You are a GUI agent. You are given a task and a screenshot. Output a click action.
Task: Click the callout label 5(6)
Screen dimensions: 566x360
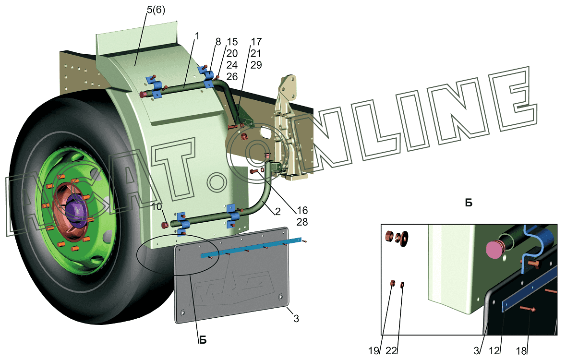point(156,10)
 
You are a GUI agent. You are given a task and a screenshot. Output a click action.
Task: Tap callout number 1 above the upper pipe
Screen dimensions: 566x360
point(197,36)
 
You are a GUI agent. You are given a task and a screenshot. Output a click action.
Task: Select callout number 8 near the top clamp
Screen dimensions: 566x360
point(218,42)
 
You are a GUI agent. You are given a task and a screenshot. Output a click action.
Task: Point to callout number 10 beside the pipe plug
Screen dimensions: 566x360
point(157,207)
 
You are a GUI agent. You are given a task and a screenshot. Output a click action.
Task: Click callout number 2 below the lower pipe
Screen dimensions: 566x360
point(277,211)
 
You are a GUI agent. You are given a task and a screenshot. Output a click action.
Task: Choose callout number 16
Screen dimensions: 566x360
point(302,210)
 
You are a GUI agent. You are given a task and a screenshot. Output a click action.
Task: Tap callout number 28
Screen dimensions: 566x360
point(302,222)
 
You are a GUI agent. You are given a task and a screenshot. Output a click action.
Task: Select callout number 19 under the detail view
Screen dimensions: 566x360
point(374,350)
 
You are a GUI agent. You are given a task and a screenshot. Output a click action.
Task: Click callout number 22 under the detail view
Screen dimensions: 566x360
point(391,350)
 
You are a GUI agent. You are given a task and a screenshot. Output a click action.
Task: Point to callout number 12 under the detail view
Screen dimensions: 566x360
point(494,350)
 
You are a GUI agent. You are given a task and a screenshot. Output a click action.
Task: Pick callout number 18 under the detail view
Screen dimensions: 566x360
point(521,350)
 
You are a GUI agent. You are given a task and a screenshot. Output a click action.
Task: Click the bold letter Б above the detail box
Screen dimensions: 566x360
point(469,203)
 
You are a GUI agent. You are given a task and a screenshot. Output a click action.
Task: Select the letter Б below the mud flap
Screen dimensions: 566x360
point(203,340)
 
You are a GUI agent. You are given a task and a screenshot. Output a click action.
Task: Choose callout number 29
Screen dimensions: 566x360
point(256,65)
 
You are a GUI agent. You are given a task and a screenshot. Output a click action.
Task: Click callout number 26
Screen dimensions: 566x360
point(232,76)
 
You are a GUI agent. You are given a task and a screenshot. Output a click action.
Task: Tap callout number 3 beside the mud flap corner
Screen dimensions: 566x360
point(296,318)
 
